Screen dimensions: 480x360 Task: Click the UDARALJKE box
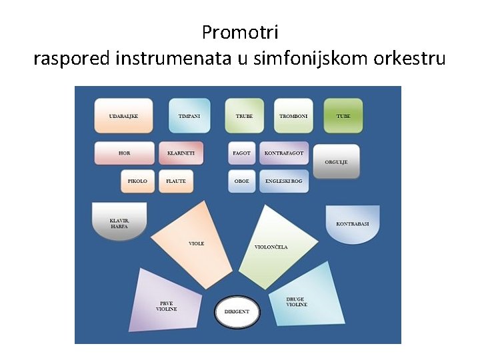pos(124,116)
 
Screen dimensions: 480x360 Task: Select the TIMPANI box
pos(189,116)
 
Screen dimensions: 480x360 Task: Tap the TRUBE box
pos(244,116)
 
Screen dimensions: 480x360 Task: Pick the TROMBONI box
pos(293,116)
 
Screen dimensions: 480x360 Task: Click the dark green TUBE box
pos(343,116)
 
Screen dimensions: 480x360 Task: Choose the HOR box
pos(124,153)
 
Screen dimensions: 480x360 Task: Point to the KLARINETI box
pos(181,153)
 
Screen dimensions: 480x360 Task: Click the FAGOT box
pos(241,153)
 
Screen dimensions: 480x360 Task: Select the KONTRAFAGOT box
pos(284,153)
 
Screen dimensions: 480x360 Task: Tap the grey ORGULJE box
pos(336,161)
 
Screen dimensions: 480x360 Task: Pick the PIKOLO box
pos(137,181)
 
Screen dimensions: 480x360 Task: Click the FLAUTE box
pos(176,181)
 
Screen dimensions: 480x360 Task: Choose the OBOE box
pos(241,181)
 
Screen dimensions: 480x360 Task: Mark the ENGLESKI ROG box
pos(284,181)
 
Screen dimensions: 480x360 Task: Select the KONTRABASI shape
pos(353,224)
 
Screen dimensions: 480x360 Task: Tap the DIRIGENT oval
pos(237,311)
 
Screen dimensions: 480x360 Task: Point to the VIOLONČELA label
pos(271,247)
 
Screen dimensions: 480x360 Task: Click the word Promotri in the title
pos(240,33)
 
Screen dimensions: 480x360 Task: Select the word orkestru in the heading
pos(409,58)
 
